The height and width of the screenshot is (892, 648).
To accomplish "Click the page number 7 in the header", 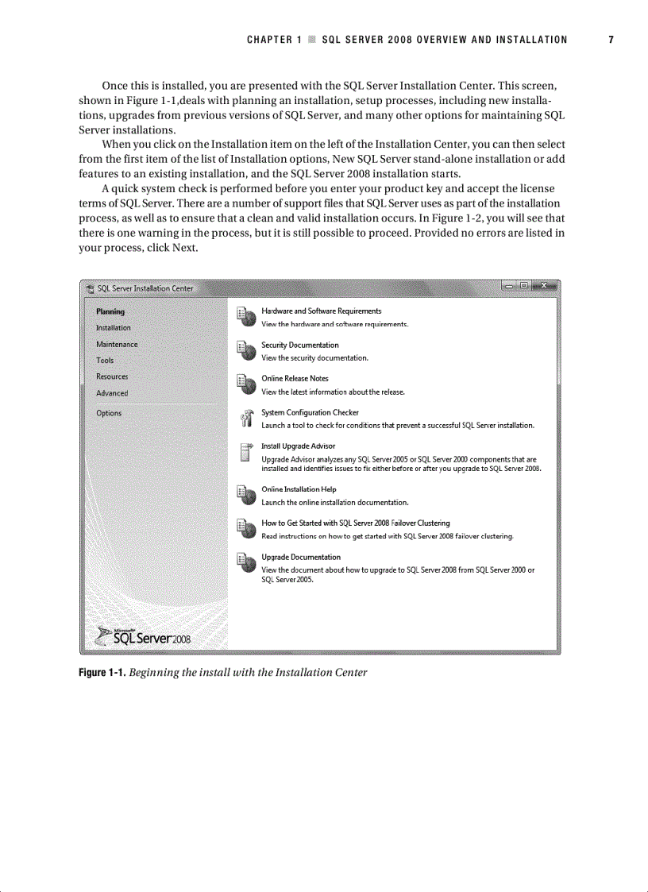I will click(x=611, y=40).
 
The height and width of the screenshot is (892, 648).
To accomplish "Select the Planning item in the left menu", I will click(x=110, y=311).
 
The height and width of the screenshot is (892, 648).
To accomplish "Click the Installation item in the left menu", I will click(x=114, y=327).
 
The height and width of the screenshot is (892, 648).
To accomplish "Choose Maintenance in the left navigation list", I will click(x=117, y=344).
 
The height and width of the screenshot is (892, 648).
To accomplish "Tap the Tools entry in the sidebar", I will click(x=105, y=360).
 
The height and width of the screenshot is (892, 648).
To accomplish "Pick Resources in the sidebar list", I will click(x=112, y=376).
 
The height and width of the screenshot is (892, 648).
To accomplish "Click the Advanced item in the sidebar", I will click(x=112, y=393).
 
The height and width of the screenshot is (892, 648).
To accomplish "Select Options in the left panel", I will click(x=109, y=413).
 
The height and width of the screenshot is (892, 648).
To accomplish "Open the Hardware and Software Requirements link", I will click(x=321, y=311).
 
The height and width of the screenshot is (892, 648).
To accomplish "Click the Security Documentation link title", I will click(x=299, y=345).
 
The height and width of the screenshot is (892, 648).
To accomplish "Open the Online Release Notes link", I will click(x=295, y=378).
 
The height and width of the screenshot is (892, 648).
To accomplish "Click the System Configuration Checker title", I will click(x=310, y=412).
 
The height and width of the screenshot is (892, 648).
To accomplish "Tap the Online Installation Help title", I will click(x=299, y=489).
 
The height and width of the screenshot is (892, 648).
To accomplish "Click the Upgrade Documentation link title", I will click(x=301, y=557).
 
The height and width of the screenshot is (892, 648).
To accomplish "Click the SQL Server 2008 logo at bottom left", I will click(x=143, y=636).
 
